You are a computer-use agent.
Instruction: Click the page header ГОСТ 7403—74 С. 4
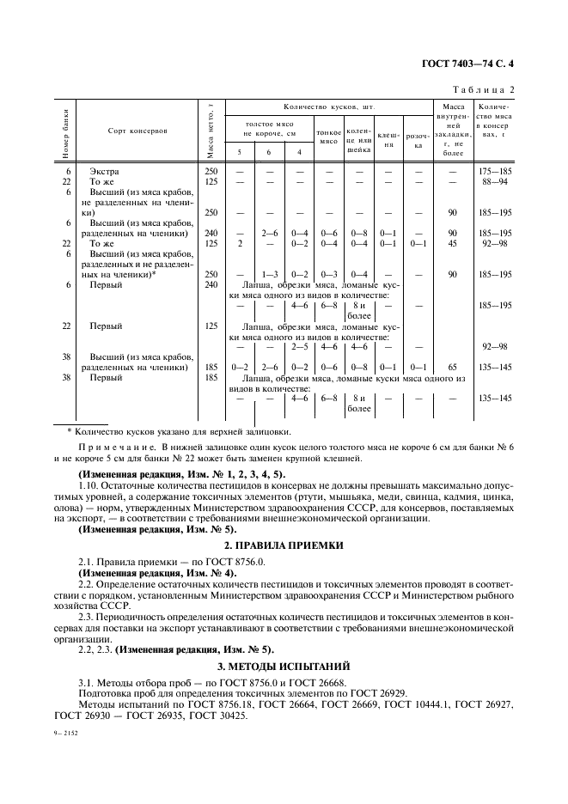[x=485, y=63]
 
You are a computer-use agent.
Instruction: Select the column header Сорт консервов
[x=137, y=131]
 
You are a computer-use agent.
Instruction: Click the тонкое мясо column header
[x=328, y=136]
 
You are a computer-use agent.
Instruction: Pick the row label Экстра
[x=105, y=172]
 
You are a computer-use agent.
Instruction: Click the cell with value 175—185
[x=494, y=172]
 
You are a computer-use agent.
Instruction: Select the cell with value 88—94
[x=494, y=182]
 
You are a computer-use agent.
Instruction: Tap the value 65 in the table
[x=452, y=367]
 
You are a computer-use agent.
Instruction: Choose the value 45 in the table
[x=452, y=243]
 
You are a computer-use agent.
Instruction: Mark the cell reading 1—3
[x=268, y=274]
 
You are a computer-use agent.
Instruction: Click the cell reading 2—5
[x=299, y=346]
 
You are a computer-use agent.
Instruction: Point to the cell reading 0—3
[x=328, y=274]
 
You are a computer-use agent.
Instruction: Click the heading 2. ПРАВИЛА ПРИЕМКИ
[x=284, y=545]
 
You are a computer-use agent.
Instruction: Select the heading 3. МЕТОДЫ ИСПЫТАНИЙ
[x=284, y=665]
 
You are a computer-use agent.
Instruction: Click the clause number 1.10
[x=90, y=486]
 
